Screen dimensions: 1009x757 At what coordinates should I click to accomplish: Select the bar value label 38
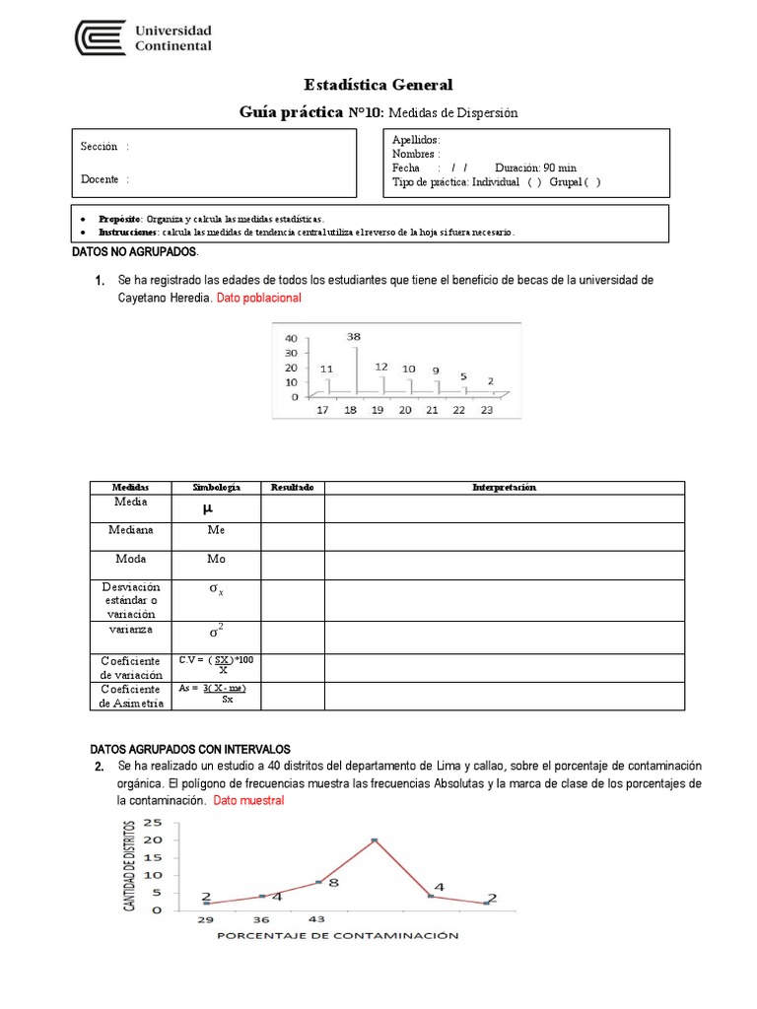[354, 336]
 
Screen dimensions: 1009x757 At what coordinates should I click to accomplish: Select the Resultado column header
[292, 488]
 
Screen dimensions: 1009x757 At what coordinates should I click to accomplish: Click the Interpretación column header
[504, 488]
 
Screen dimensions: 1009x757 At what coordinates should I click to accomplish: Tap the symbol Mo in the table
[216, 559]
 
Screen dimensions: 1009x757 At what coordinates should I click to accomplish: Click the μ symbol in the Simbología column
[207, 508]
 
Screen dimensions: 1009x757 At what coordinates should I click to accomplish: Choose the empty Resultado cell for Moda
[292, 565]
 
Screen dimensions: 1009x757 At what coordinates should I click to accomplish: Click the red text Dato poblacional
[258, 298]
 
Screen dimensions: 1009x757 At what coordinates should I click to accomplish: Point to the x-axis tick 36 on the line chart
[261, 919]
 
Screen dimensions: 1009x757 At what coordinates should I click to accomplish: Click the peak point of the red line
[375, 841]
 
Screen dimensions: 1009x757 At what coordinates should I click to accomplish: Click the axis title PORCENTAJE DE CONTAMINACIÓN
[336, 936]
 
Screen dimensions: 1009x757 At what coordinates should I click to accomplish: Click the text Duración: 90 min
[536, 168]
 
